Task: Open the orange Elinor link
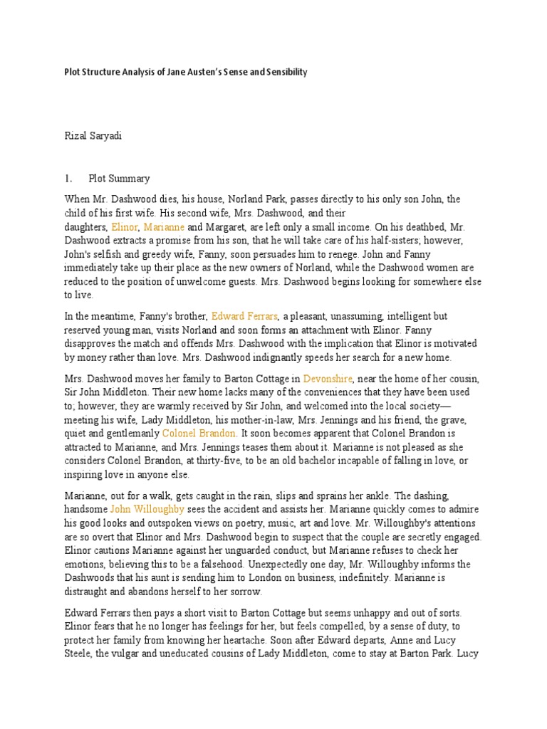[x=125, y=226]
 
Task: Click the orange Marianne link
[x=164, y=226]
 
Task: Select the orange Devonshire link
[x=327, y=379]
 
